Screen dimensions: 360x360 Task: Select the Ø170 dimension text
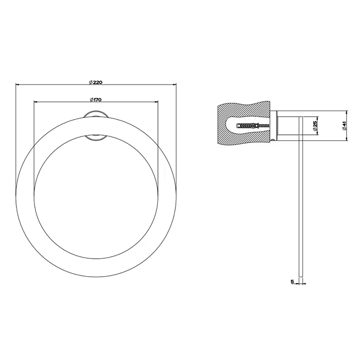coord(95,99)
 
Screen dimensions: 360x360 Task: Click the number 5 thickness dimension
coord(292,281)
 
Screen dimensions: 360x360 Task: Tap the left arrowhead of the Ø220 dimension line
coord(18,85)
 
